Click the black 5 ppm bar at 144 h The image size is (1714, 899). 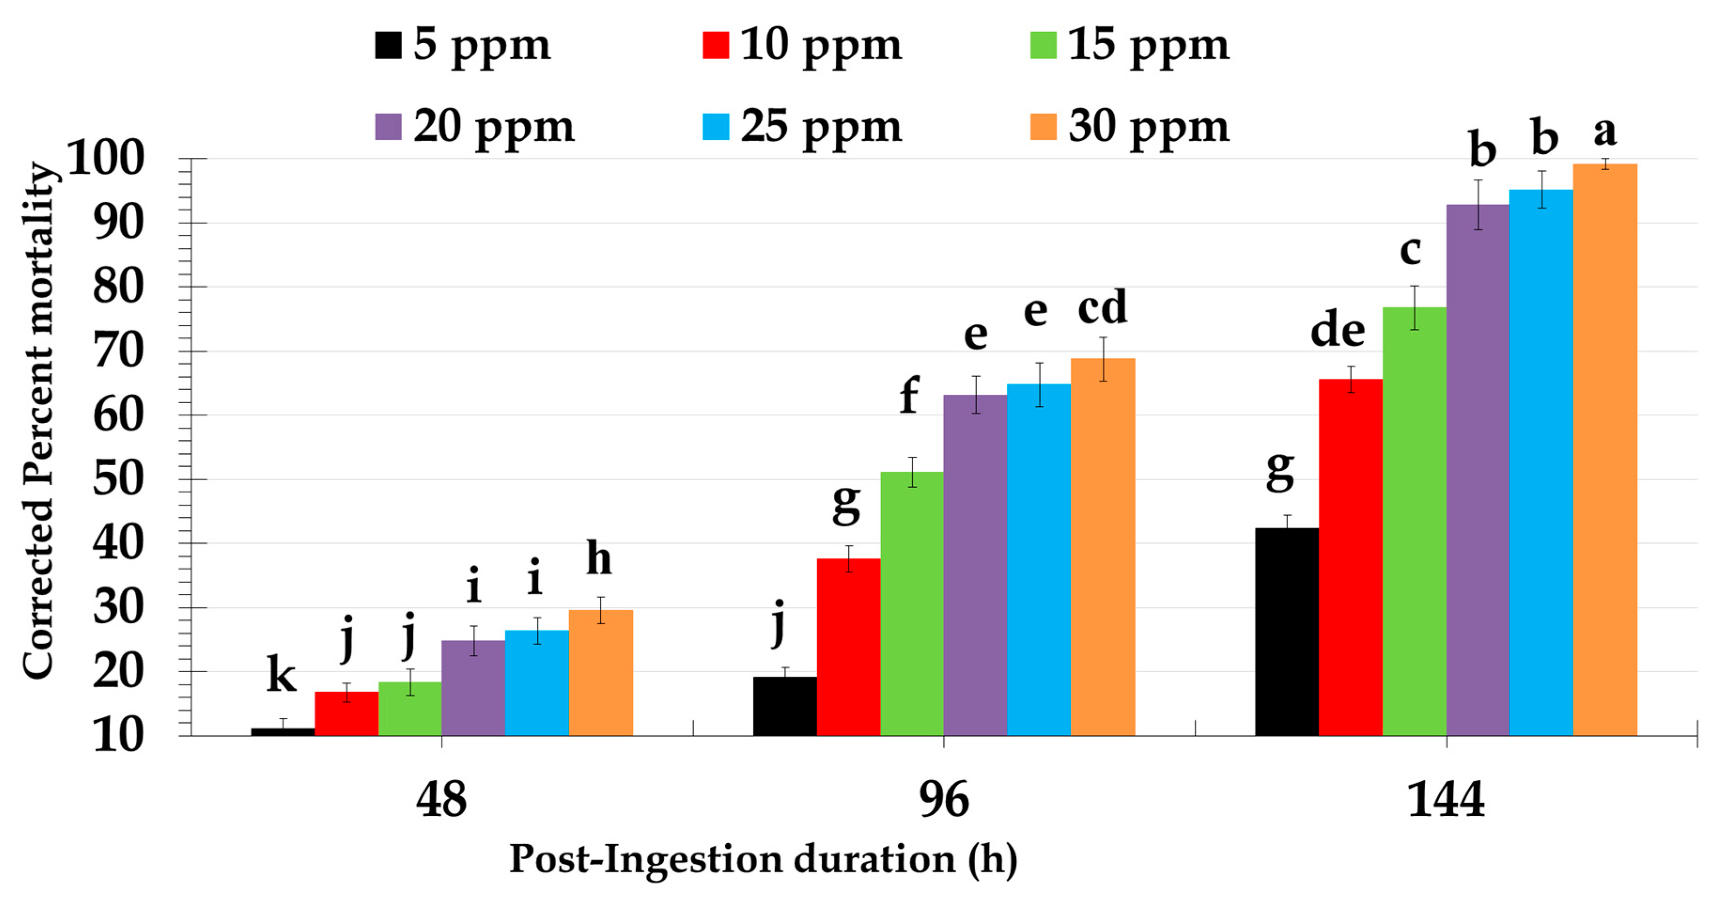point(1286,632)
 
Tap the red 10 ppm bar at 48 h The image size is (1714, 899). point(346,714)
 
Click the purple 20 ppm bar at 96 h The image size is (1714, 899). point(975,565)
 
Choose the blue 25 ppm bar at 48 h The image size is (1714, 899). point(536,683)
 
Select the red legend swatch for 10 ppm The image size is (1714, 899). point(715,45)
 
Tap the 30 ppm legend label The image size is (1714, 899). point(1148,126)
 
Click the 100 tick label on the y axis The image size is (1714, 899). point(105,158)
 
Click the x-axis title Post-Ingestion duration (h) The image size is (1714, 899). point(763,859)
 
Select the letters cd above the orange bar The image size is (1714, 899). point(1102,307)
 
